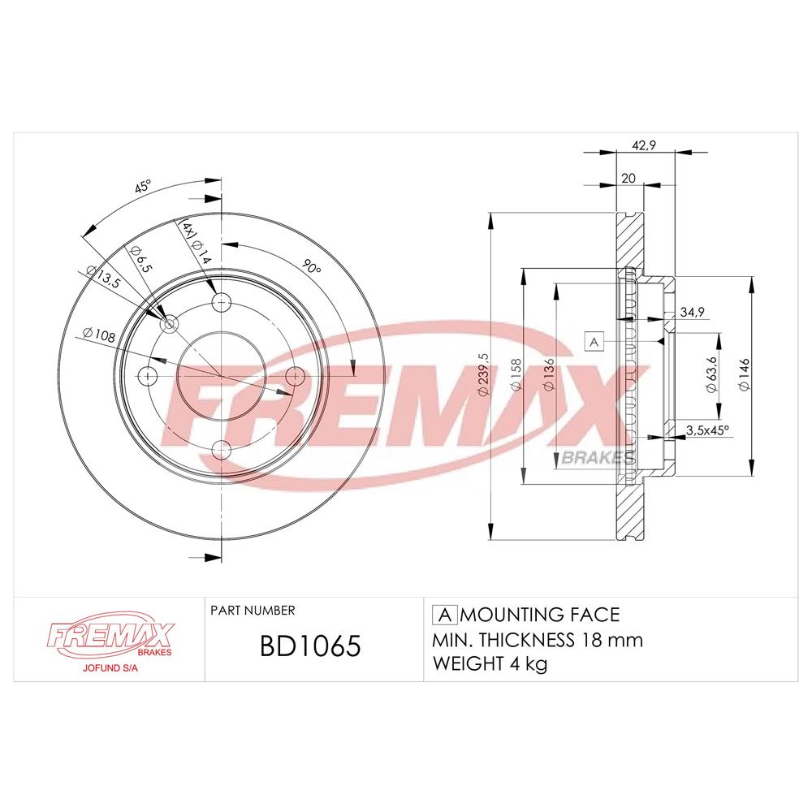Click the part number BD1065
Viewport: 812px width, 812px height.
[309, 646]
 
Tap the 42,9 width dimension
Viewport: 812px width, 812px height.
[644, 145]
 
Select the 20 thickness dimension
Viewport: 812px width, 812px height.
[628, 178]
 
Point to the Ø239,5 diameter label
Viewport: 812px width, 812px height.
[483, 374]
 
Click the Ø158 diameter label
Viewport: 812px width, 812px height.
[516, 374]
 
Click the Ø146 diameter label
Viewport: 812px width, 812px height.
[744, 374]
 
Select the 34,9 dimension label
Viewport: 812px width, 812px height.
[692, 312]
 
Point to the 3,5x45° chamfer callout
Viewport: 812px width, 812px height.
[707, 430]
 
